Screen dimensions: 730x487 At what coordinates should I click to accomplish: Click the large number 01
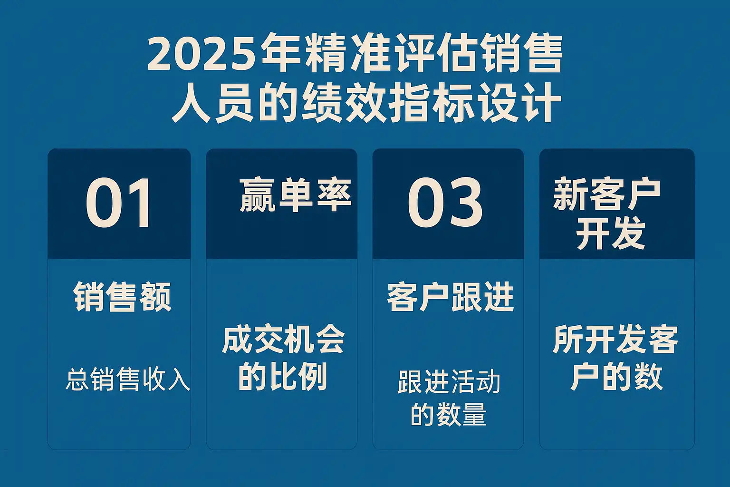[x=119, y=203]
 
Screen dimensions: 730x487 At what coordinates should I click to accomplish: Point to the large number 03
[x=445, y=203]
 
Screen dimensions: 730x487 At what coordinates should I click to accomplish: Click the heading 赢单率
[x=295, y=195]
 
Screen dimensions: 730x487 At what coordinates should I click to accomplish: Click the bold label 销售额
[x=123, y=297]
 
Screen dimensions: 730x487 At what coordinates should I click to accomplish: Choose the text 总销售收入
[x=128, y=379]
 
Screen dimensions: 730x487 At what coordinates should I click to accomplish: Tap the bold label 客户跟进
[x=451, y=297]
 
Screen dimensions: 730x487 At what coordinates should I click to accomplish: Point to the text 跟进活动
[x=449, y=382]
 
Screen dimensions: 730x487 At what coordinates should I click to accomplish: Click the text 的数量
[x=449, y=414]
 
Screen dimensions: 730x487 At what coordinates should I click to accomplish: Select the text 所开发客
[x=615, y=339]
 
